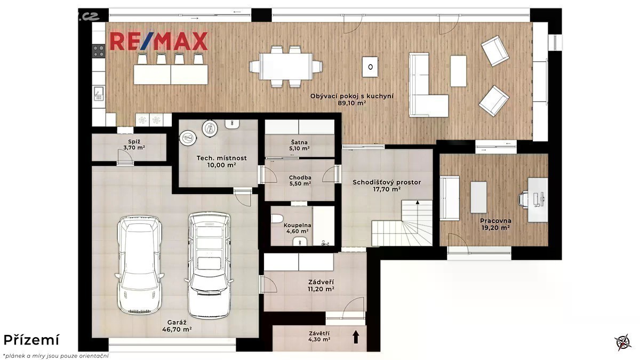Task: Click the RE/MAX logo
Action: point(159,41)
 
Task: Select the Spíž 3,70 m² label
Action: point(134,145)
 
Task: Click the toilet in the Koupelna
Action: point(277,219)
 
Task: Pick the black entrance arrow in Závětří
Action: point(356,337)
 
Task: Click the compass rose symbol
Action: point(623,342)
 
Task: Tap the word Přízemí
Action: point(31,340)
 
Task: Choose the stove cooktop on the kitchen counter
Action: point(99,51)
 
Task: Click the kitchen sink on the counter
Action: point(99,94)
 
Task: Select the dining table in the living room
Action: point(286,67)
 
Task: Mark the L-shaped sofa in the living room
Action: point(429,85)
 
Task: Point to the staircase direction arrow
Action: point(418,211)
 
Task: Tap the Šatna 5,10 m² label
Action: point(299,146)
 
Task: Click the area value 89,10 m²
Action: point(352,103)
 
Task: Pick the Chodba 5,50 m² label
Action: point(300,181)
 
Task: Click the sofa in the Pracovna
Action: point(450,198)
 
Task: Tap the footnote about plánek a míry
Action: point(56,356)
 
